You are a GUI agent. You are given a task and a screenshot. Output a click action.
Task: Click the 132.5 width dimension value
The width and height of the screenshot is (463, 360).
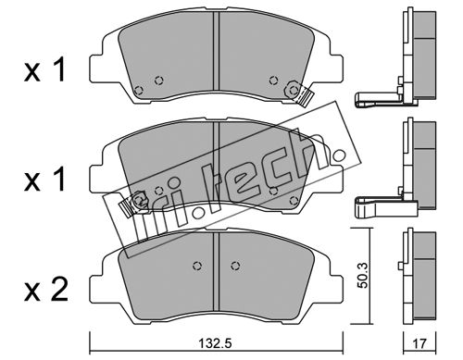[215, 343]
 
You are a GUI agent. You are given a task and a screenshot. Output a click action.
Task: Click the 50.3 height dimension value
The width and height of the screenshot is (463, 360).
[363, 275]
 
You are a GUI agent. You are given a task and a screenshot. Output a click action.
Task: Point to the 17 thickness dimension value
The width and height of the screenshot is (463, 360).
[419, 343]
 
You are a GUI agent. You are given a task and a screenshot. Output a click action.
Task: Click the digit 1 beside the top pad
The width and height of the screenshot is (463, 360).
[59, 70]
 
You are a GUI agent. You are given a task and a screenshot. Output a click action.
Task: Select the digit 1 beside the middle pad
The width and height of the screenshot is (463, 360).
[59, 180]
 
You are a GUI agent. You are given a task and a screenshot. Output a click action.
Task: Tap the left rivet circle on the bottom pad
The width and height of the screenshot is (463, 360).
[197, 266]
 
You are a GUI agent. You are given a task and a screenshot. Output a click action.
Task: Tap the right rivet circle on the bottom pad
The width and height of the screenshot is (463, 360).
[235, 266]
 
